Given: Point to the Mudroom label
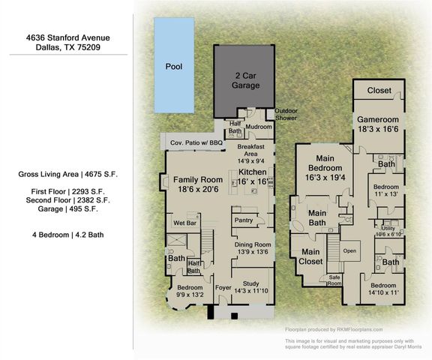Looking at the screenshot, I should tap(259, 127).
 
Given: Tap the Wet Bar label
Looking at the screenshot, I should tap(184, 223).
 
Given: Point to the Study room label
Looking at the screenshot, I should tap(251, 283).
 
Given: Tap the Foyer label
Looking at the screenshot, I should tap(223, 287).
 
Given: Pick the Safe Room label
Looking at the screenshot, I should tap(334, 280).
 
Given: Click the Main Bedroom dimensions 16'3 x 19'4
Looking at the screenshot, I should tap(325, 177).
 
